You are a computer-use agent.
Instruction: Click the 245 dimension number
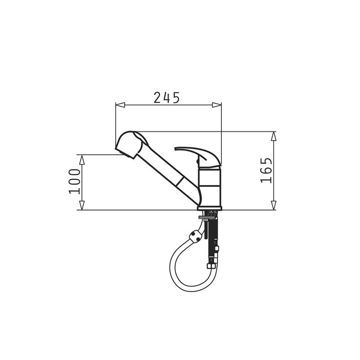166,97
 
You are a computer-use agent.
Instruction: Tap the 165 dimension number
266,170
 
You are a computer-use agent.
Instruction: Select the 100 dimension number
75,181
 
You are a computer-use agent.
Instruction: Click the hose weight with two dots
195,235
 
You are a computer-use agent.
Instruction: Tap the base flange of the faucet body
209,207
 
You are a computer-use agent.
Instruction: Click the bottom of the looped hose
191,290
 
